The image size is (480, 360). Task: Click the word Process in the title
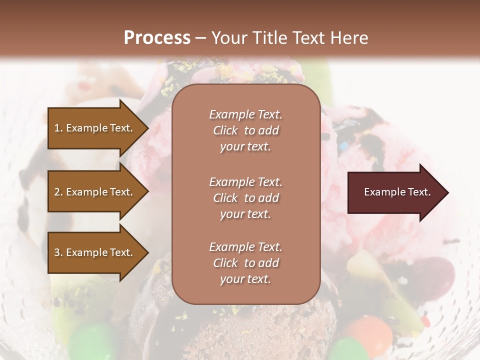pos(157,38)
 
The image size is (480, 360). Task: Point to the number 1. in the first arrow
pos(58,128)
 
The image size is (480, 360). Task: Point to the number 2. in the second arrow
pos(58,192)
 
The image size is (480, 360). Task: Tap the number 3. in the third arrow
pos(58,252)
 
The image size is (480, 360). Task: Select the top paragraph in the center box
pos(245,130)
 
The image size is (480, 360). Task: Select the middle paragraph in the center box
pos(245,198)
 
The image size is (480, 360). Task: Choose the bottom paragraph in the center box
pos(245,263)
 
